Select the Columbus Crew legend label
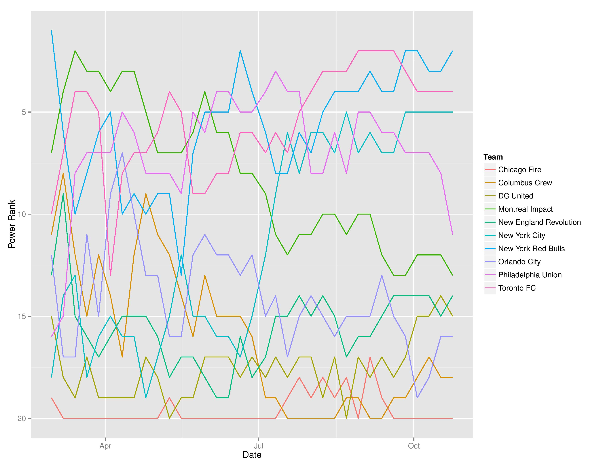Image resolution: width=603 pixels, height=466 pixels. coord(525,183)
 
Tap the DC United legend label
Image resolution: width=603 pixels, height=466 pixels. coord(515,196)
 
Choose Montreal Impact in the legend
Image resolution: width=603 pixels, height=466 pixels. coord(525,209)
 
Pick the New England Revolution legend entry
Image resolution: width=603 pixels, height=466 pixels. coord(539,222)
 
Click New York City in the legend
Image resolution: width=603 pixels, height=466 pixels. coord(522,236)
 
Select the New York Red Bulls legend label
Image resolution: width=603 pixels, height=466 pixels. coord(531,249)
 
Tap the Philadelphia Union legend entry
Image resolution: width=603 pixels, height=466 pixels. coord(530,275)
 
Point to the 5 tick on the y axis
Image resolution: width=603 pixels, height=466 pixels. coord(23,112)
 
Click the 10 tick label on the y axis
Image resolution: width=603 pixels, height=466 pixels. coord(22,214)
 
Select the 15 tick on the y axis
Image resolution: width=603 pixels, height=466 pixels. coord(22,316)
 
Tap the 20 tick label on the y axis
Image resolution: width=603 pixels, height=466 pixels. coord(22,418)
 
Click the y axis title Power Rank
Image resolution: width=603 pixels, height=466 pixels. coord(12,224)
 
